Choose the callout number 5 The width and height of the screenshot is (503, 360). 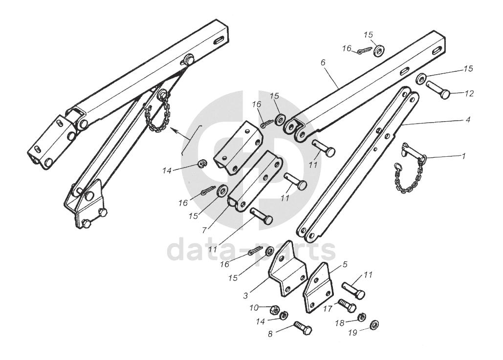pyautogui.click(x=345, y=265)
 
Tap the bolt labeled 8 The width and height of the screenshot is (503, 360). pyautogui.click(x=303, y=329)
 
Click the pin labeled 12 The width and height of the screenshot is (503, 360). pyautogui.click(x=438, y=90)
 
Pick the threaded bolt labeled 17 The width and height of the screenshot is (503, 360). pyautogui.click(x=347, y=307)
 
